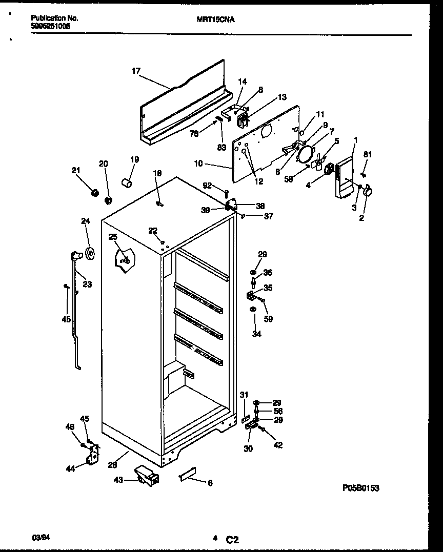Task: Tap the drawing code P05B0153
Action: point(361,488)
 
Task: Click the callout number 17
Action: point(136,71)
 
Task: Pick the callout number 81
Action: point(367,154)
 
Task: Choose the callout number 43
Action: point(118,480)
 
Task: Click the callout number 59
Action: point(268,319)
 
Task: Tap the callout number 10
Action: point(199,164)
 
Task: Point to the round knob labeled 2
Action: point(368,192)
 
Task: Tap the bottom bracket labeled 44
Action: point(93,455)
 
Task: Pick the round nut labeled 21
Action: point(94,193)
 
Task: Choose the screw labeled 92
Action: point(226,193)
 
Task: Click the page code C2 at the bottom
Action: point(232,539)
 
